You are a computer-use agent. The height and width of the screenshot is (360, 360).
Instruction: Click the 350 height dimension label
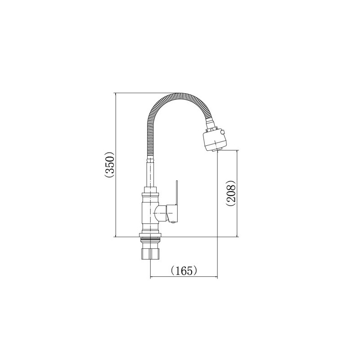(109, 165)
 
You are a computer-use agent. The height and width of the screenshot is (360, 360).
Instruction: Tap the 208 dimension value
(231, 193)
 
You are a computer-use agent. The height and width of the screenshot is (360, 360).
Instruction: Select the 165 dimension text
(184, 271)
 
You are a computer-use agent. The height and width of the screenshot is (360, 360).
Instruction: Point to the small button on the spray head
(222, 132)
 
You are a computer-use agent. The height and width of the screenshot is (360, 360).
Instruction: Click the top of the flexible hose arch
(181, 95)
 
